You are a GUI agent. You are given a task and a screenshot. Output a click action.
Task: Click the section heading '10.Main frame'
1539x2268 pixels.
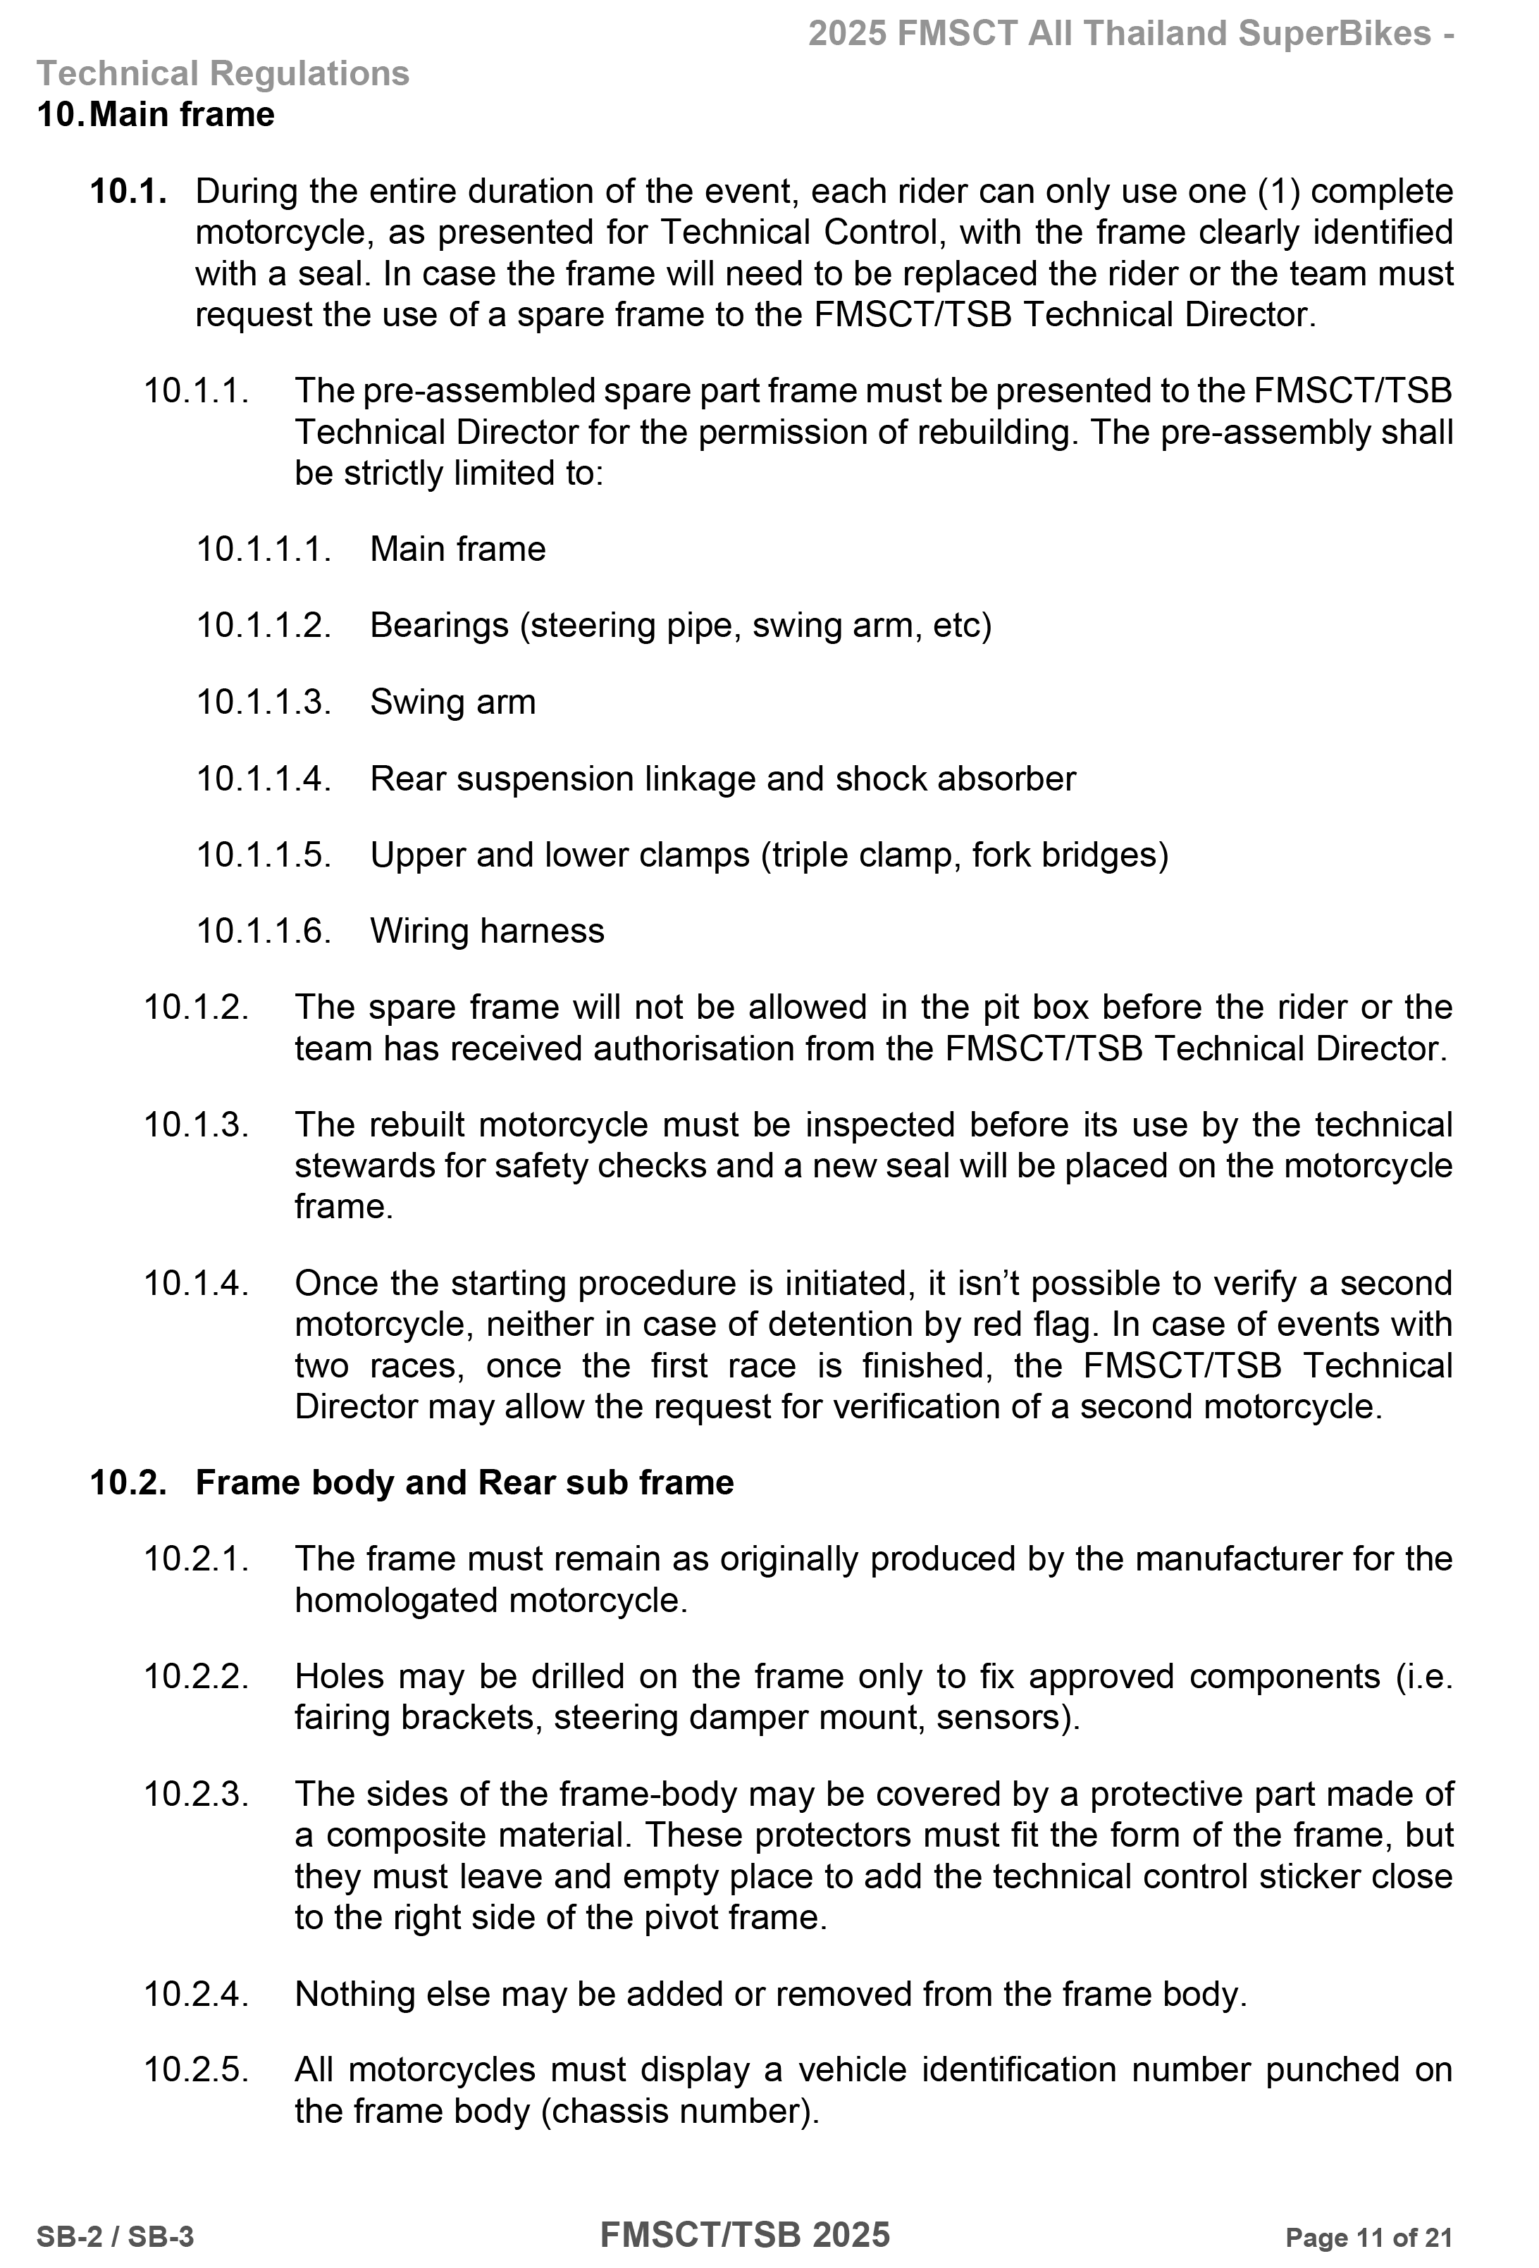pyautogui.click(x=156, y=115)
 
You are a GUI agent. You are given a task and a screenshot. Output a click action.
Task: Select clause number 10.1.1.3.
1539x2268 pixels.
pyautogui.click(x=264, y=702)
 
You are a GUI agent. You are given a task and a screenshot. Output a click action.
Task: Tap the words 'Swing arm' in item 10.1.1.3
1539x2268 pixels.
pyautogui.click(x=453, y=702)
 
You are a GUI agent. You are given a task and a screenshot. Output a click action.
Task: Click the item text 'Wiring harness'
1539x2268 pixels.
pyautogui.click(x=487, y=931)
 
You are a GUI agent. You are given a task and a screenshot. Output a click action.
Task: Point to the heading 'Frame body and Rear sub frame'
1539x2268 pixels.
pyautogui.click(x=464, y=1482)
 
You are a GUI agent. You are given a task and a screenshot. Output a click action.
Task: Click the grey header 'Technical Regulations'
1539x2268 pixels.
pyautogui.click(x=223, y=74)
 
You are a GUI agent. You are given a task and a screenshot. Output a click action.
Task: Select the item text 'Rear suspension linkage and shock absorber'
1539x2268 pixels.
pyautogui.click(x=722, y=779)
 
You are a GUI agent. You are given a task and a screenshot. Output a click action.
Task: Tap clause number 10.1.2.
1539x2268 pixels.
pyautogui.click(x=196, y=1007)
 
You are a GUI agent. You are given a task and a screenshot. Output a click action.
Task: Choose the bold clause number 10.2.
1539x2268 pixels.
pyautogui.click(x=128, y=1482)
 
